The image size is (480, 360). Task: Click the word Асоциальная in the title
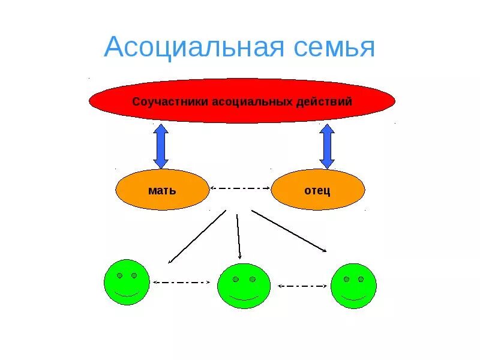[x=193, y=47]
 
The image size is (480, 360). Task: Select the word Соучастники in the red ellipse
[x=170, y=101]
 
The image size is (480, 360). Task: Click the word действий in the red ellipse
[x=324, y=101]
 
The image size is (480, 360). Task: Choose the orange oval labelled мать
[x=162, y=190]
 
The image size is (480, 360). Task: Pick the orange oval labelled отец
[x=318, y=190]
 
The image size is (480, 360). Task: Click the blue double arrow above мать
[x=161, y=146]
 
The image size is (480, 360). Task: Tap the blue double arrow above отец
[x=327, y=146]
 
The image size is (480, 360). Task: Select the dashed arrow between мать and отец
[x=241, y=188]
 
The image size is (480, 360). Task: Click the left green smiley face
[x=126, y=282]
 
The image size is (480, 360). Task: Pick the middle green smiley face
[x=244, y=286]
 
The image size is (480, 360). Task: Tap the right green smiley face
[x=353, y=286]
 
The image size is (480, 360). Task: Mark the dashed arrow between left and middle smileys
[x=182, y=282]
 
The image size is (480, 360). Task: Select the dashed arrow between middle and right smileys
[x=302, y=286]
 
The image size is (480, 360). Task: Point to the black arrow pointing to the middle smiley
[x=238, y=236]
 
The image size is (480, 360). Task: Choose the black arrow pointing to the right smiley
[x=289, y=231]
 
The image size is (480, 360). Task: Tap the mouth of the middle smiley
[x=244, y=298]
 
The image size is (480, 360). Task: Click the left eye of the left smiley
[x=119, y=275]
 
